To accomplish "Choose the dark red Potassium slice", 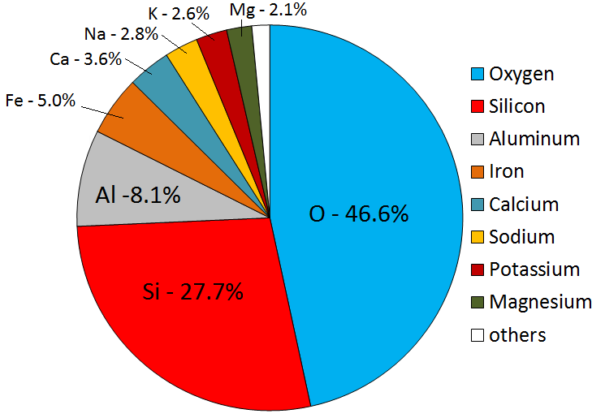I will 215,45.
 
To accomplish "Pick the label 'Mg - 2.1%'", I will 256,11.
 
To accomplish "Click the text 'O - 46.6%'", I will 358,214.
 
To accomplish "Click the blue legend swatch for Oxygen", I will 479,74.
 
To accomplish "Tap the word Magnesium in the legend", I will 540,302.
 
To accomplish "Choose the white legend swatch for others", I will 479,334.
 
